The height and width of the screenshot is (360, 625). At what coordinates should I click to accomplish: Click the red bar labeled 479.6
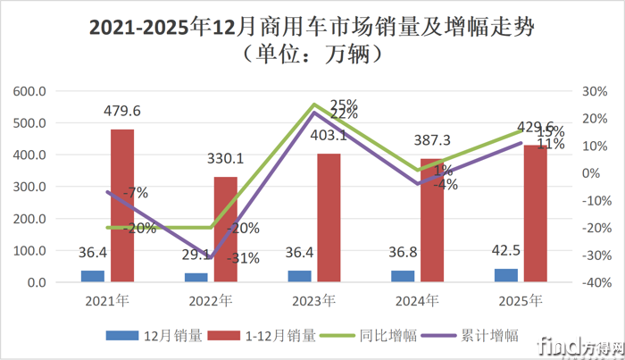(122, 205)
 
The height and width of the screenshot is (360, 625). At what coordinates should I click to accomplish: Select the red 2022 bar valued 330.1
(225, 230)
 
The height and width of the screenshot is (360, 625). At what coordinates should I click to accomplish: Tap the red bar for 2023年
(328, 218)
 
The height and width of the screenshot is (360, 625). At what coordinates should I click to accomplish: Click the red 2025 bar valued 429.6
(534, 213)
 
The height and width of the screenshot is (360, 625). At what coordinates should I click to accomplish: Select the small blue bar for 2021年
(93, 276)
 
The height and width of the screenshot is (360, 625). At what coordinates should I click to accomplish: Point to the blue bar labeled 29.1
(196, 278)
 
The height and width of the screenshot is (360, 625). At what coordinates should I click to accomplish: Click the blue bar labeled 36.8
(402, 276)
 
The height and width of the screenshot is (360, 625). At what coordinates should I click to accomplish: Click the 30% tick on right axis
(596, 91)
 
